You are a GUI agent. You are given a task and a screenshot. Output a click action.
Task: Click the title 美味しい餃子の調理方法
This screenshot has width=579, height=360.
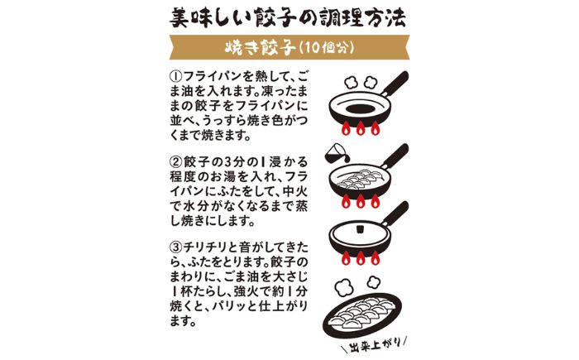point(289,17)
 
